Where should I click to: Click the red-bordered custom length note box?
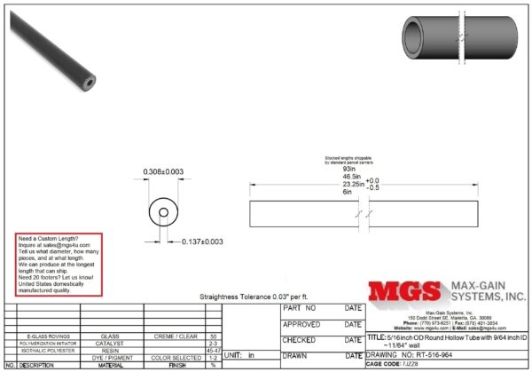tap(59, 264)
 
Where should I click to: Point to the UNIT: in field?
tap(240, 355)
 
